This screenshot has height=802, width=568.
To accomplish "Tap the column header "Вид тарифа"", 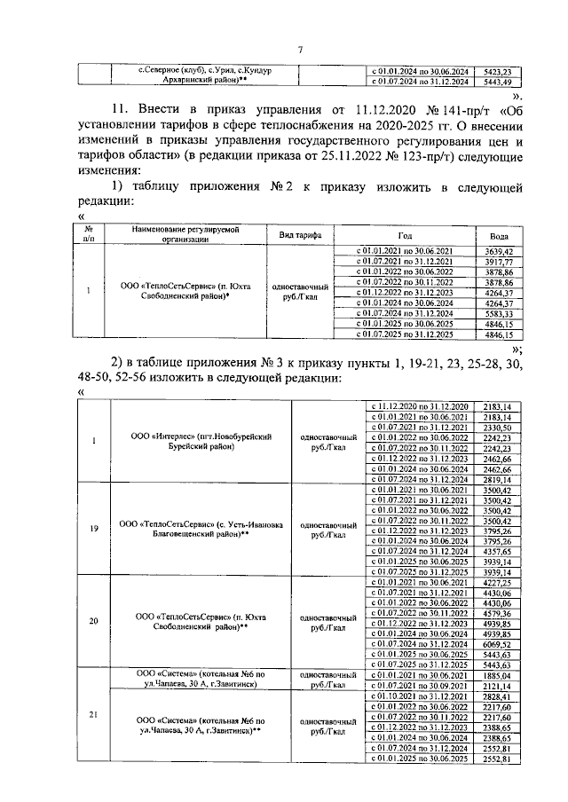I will [x=300, y=236].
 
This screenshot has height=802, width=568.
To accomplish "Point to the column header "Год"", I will [x=405, y=236].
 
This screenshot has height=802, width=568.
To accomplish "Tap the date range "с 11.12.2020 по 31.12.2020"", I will [x=416, y=406].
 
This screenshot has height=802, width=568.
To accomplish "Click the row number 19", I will [x=93, y=529].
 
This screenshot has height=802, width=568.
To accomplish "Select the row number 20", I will [x=93, y=621].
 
